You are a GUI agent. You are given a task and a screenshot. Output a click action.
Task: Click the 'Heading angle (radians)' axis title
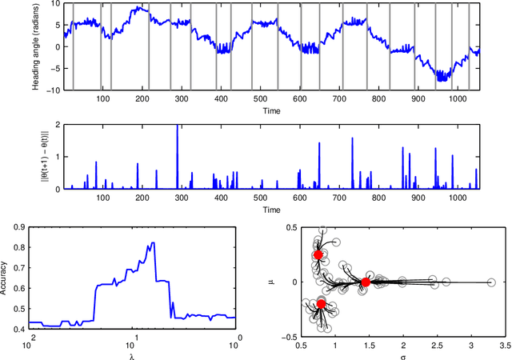pos(37,46)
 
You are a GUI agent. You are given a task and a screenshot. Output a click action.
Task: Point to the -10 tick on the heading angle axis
pos(53,90)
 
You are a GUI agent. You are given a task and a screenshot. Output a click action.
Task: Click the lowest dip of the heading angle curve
pos(441,80)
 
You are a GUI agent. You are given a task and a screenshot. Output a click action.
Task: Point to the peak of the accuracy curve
pos(152,243)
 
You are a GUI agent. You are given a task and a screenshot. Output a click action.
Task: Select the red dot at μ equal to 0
pos(366,282)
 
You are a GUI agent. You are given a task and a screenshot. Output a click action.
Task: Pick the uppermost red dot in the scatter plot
pos(318,254)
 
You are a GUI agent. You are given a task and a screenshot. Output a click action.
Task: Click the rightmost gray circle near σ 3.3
pos(490,282)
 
